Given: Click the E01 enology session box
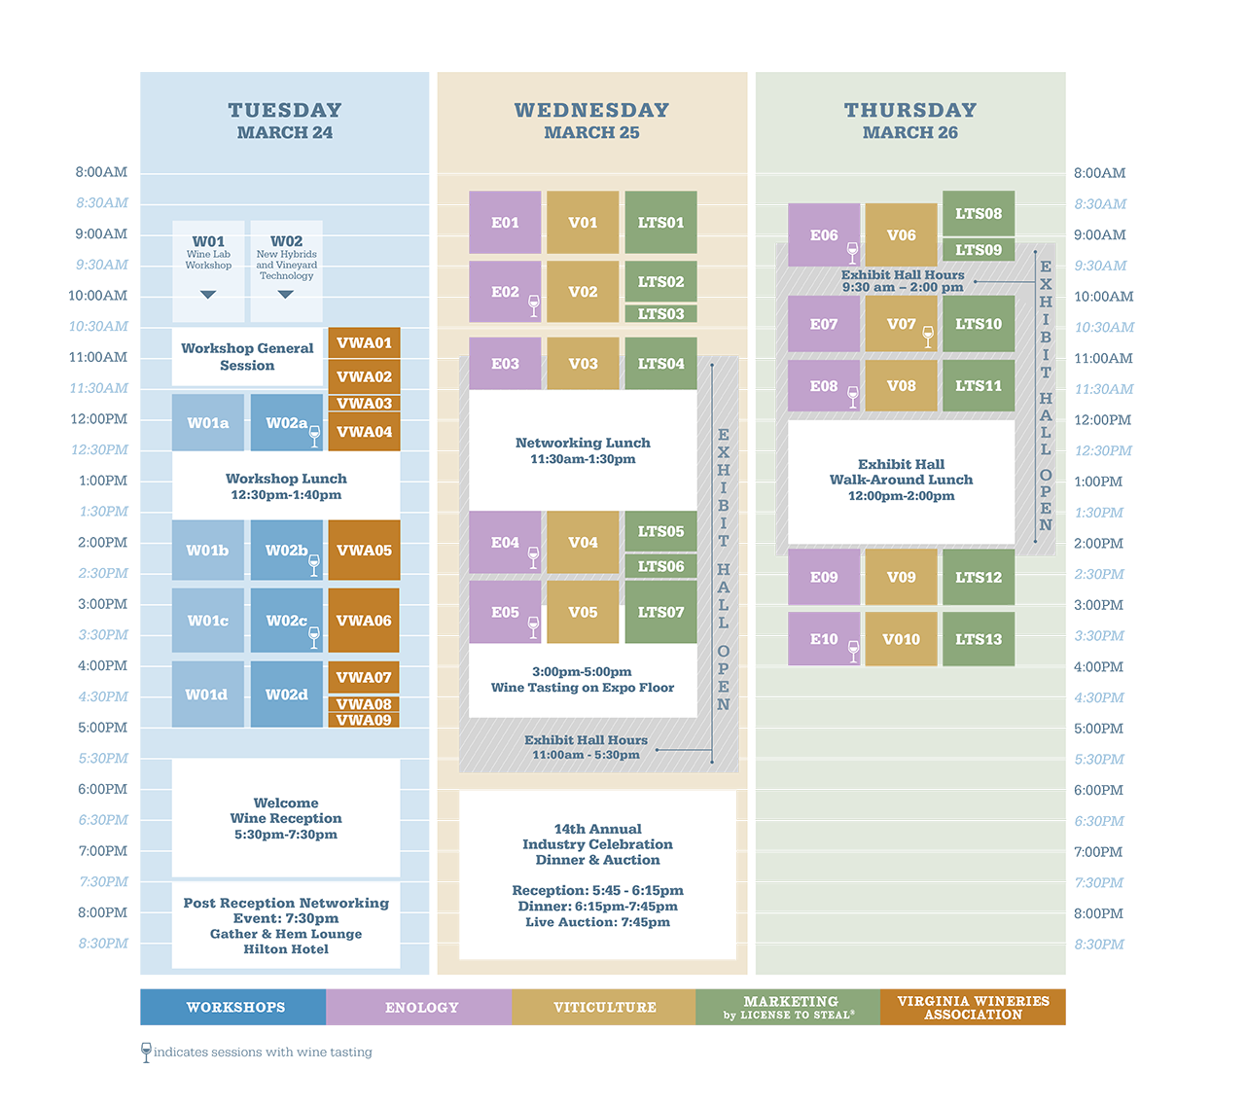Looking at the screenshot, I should (505, 223).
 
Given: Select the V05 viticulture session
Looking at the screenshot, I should (583, 612).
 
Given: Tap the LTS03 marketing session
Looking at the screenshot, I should (660, 314).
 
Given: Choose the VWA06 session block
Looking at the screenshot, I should (364, 621).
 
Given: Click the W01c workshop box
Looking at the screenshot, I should (208, 621).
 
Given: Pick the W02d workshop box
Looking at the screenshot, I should (286, 695).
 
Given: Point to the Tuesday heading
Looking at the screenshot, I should (285, 111).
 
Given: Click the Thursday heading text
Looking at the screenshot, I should (909, 111).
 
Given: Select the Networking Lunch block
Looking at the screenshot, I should (583, 450).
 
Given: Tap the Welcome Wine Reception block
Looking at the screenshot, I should (286, 818).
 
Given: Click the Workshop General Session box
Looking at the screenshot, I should (247, 357).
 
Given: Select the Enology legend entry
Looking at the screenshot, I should (421, 1008).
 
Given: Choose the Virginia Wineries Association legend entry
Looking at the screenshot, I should (973, 1008).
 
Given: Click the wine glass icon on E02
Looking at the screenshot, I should (533, 305).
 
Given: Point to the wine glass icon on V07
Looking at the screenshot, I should (928, 337).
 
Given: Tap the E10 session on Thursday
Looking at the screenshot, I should (823, 639).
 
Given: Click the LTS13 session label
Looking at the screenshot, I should (978, 639).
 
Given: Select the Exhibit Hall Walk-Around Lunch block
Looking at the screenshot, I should (901, 481).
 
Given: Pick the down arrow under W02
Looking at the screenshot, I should (285, 294).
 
